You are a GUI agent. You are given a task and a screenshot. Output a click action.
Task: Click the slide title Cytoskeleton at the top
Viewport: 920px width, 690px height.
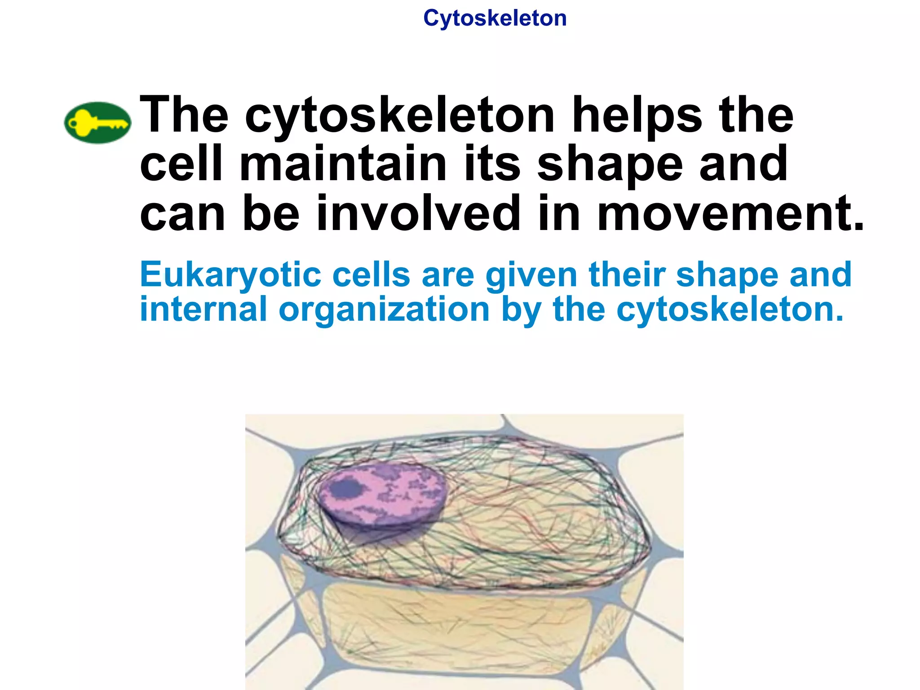[x=495, y=19]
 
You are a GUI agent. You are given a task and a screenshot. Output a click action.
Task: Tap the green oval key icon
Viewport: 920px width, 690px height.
[x=97, y=122]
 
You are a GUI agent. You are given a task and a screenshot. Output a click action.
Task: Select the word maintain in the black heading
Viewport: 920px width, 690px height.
[x=343, y=164]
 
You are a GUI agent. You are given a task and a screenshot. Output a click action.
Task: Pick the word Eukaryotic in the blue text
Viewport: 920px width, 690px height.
[x=230, y=275]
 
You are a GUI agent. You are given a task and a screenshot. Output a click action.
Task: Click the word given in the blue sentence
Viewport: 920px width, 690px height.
[x=531, y=275]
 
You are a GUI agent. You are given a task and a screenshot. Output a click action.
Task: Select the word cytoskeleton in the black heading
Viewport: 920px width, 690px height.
[x=400, y=116]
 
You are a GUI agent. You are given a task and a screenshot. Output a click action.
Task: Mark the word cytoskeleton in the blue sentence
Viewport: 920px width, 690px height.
[x=730, y=310]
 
